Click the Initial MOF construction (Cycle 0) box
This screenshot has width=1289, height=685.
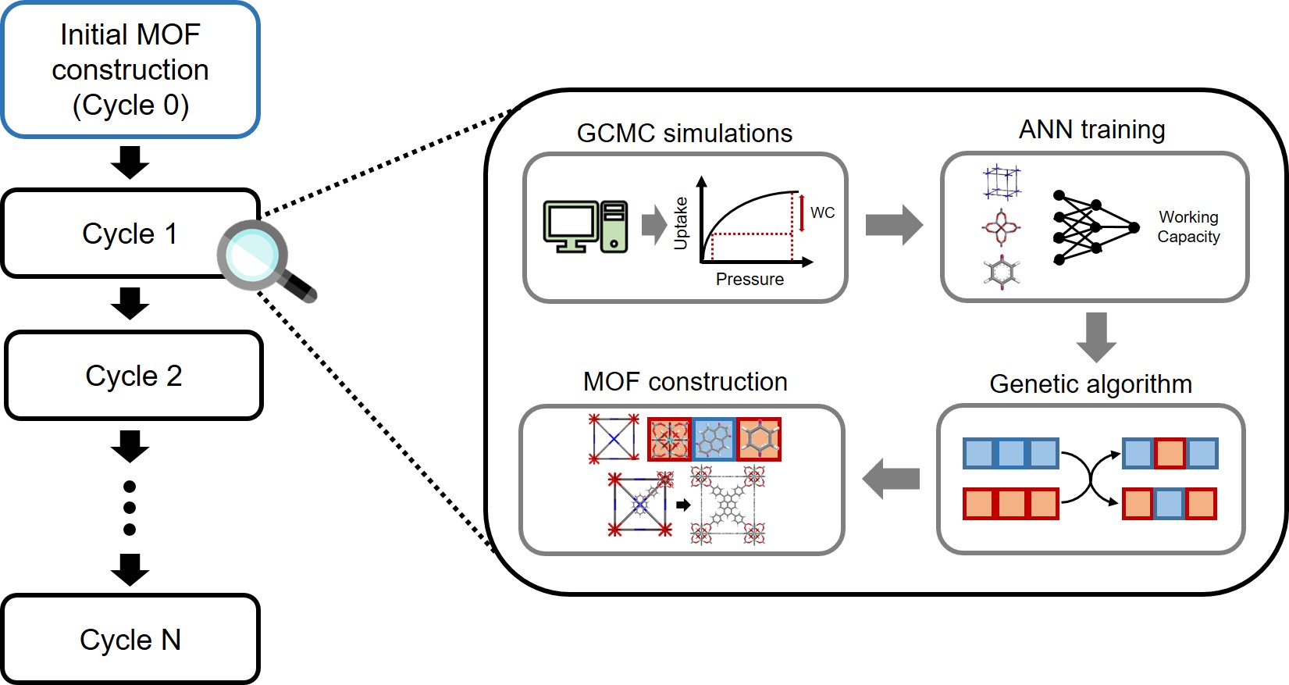click(130, 70)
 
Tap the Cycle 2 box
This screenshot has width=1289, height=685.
click(134, 376)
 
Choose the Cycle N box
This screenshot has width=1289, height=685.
click(130, 640)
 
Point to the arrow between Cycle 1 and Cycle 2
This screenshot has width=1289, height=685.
click(130, 303)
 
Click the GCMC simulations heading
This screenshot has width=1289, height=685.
click(684, 133)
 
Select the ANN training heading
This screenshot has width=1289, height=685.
click(1091, 129)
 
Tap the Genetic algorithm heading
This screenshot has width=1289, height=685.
click(1090, 384)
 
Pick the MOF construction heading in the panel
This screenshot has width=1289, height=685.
click(685, 381)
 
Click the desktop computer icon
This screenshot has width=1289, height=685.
click(586, 227)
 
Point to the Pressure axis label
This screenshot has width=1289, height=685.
click(750, 279)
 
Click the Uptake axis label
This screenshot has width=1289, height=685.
click(681, 223)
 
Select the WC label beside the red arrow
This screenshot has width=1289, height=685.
click(822, 212)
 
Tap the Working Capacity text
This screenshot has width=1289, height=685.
click(1188, 227)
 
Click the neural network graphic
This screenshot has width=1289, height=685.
click(1095, 227)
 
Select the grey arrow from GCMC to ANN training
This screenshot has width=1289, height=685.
click(894, 225)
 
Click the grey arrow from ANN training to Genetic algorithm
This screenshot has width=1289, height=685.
click(1096, 337)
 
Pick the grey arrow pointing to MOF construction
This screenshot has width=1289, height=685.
click(891, 479)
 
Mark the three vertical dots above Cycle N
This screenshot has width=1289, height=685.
click(130, 508)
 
